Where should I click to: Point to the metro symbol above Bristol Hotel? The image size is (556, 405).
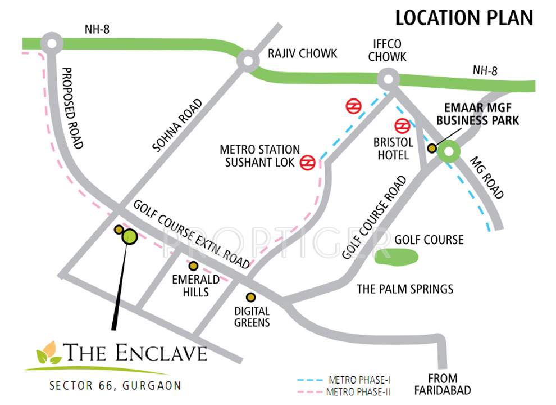402,125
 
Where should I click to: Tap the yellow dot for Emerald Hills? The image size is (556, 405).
193,265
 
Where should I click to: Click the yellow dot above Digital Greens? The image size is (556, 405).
250,297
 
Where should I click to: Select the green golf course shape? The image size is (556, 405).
397,256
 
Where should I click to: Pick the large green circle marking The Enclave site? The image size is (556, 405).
130,237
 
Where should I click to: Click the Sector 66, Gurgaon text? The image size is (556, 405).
115,386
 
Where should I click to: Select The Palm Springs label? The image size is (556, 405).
405,289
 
